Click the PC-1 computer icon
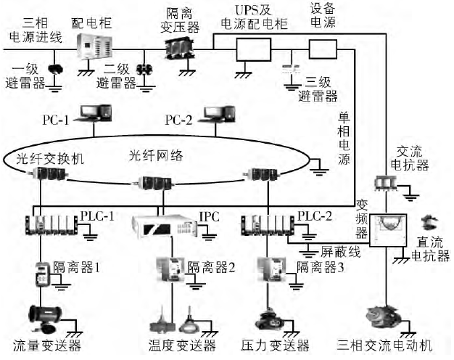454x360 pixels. pyautogui.click(x=96, y=113)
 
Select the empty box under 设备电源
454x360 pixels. pyautogui.click(x=322, y=49)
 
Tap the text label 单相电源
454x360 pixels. pyautogui.click(x=344, y=137)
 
